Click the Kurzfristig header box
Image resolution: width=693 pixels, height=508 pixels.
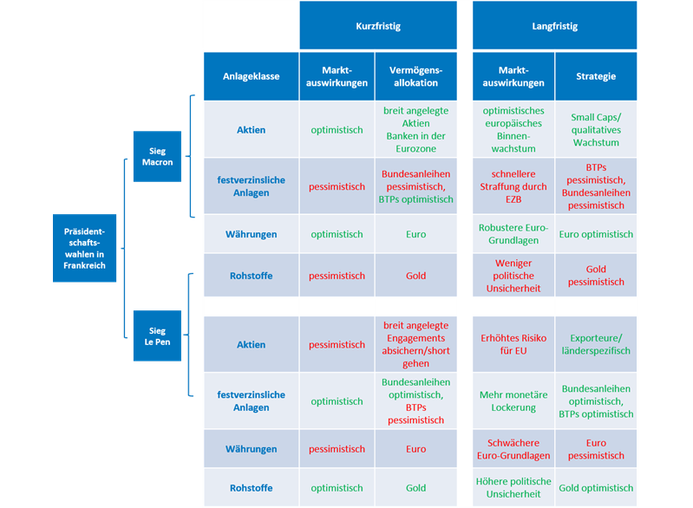(378, 25)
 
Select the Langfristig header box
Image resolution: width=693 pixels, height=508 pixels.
(555, 25)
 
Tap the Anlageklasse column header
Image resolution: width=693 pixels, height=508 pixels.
(251, 76)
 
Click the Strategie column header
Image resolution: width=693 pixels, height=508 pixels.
(596, 76)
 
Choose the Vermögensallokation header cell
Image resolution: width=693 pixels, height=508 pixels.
(416, 76)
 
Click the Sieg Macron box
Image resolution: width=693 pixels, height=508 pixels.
(157, 156)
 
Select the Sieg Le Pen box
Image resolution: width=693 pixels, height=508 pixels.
(157, 335)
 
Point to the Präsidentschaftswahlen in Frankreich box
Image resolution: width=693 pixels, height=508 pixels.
(84, 248)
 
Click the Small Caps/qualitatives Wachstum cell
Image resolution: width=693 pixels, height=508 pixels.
(596, 129)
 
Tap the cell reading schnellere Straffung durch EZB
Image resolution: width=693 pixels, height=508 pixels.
(513, 186)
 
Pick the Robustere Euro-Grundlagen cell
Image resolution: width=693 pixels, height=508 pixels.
(513, 234)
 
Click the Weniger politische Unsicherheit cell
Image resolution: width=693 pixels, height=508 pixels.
(513, 275)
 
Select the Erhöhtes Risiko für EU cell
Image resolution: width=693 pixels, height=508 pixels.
(513, 344)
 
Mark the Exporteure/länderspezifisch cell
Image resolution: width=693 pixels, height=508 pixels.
(596, 344)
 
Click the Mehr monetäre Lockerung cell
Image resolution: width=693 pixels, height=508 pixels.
(513, 401)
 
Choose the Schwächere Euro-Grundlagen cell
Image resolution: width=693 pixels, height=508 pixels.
(513, 449)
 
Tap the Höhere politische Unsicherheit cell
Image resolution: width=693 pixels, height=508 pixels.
(513, 488)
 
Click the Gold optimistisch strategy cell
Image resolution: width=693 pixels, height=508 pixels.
(596, 488)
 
